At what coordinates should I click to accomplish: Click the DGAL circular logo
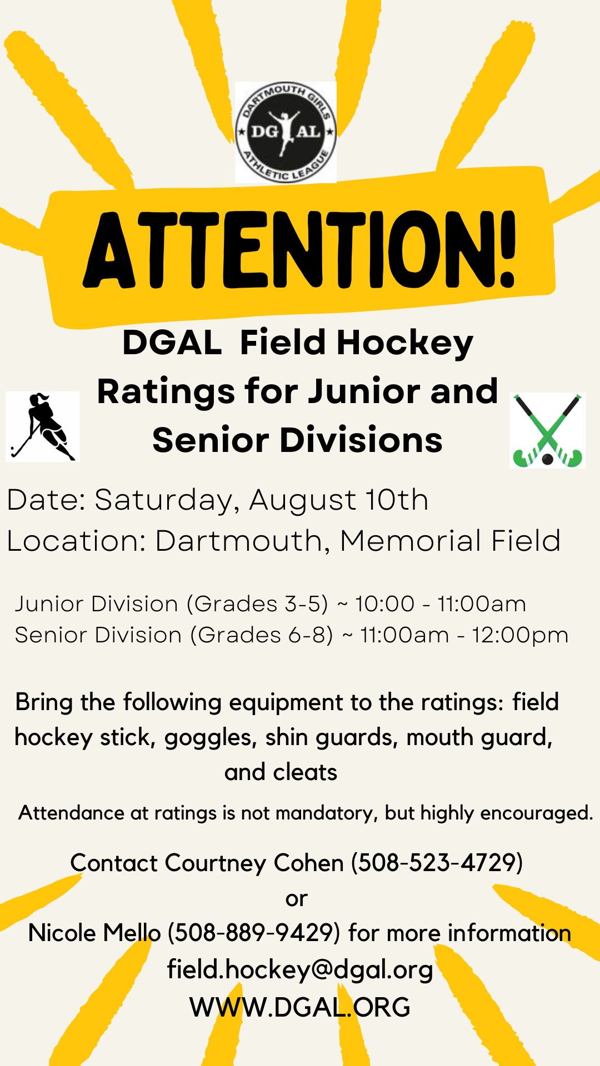(x=286, y=132)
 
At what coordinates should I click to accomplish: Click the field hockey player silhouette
(x=43, y=426)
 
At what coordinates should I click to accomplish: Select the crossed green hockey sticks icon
(x=547, y=431)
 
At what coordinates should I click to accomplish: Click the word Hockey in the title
(x=405, y=343)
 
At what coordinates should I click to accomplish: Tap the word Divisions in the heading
(x=361, y=440)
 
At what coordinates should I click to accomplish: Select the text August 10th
(x=339, y=500)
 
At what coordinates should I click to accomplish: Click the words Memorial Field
(x=450, y=541)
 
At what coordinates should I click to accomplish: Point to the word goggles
(x=210, y=738)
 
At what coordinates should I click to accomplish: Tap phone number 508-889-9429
(x=253, y=933)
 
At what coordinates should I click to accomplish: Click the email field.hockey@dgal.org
(x=300, y=969)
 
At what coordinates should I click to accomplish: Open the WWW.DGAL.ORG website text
(x=300, y=1007)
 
